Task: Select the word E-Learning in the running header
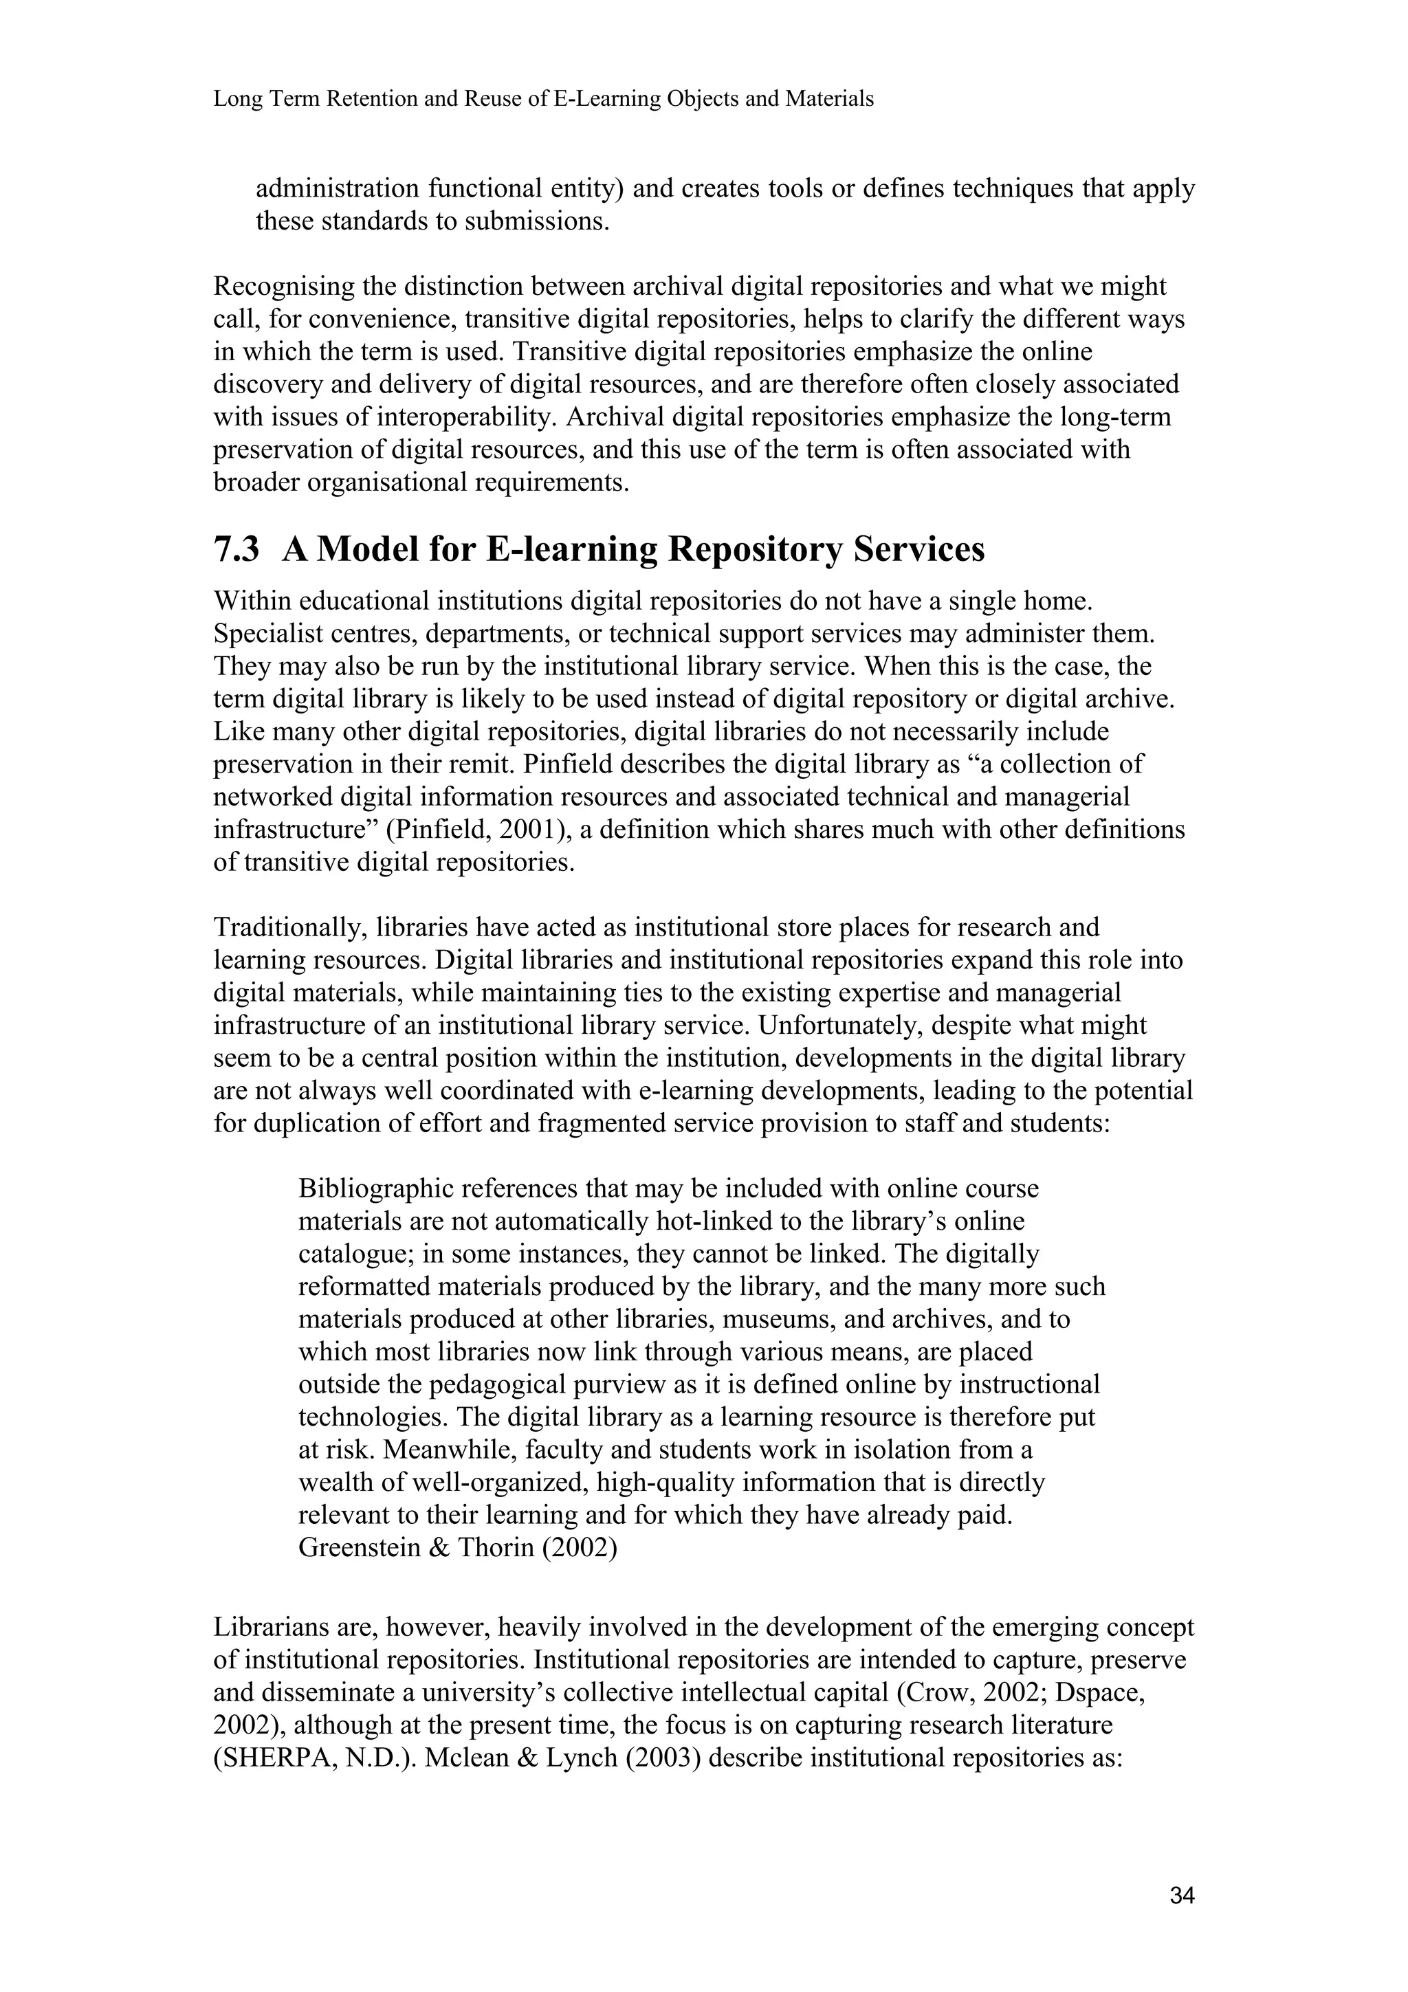tap(605, 100)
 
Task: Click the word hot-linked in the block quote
tap(716, 1221)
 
